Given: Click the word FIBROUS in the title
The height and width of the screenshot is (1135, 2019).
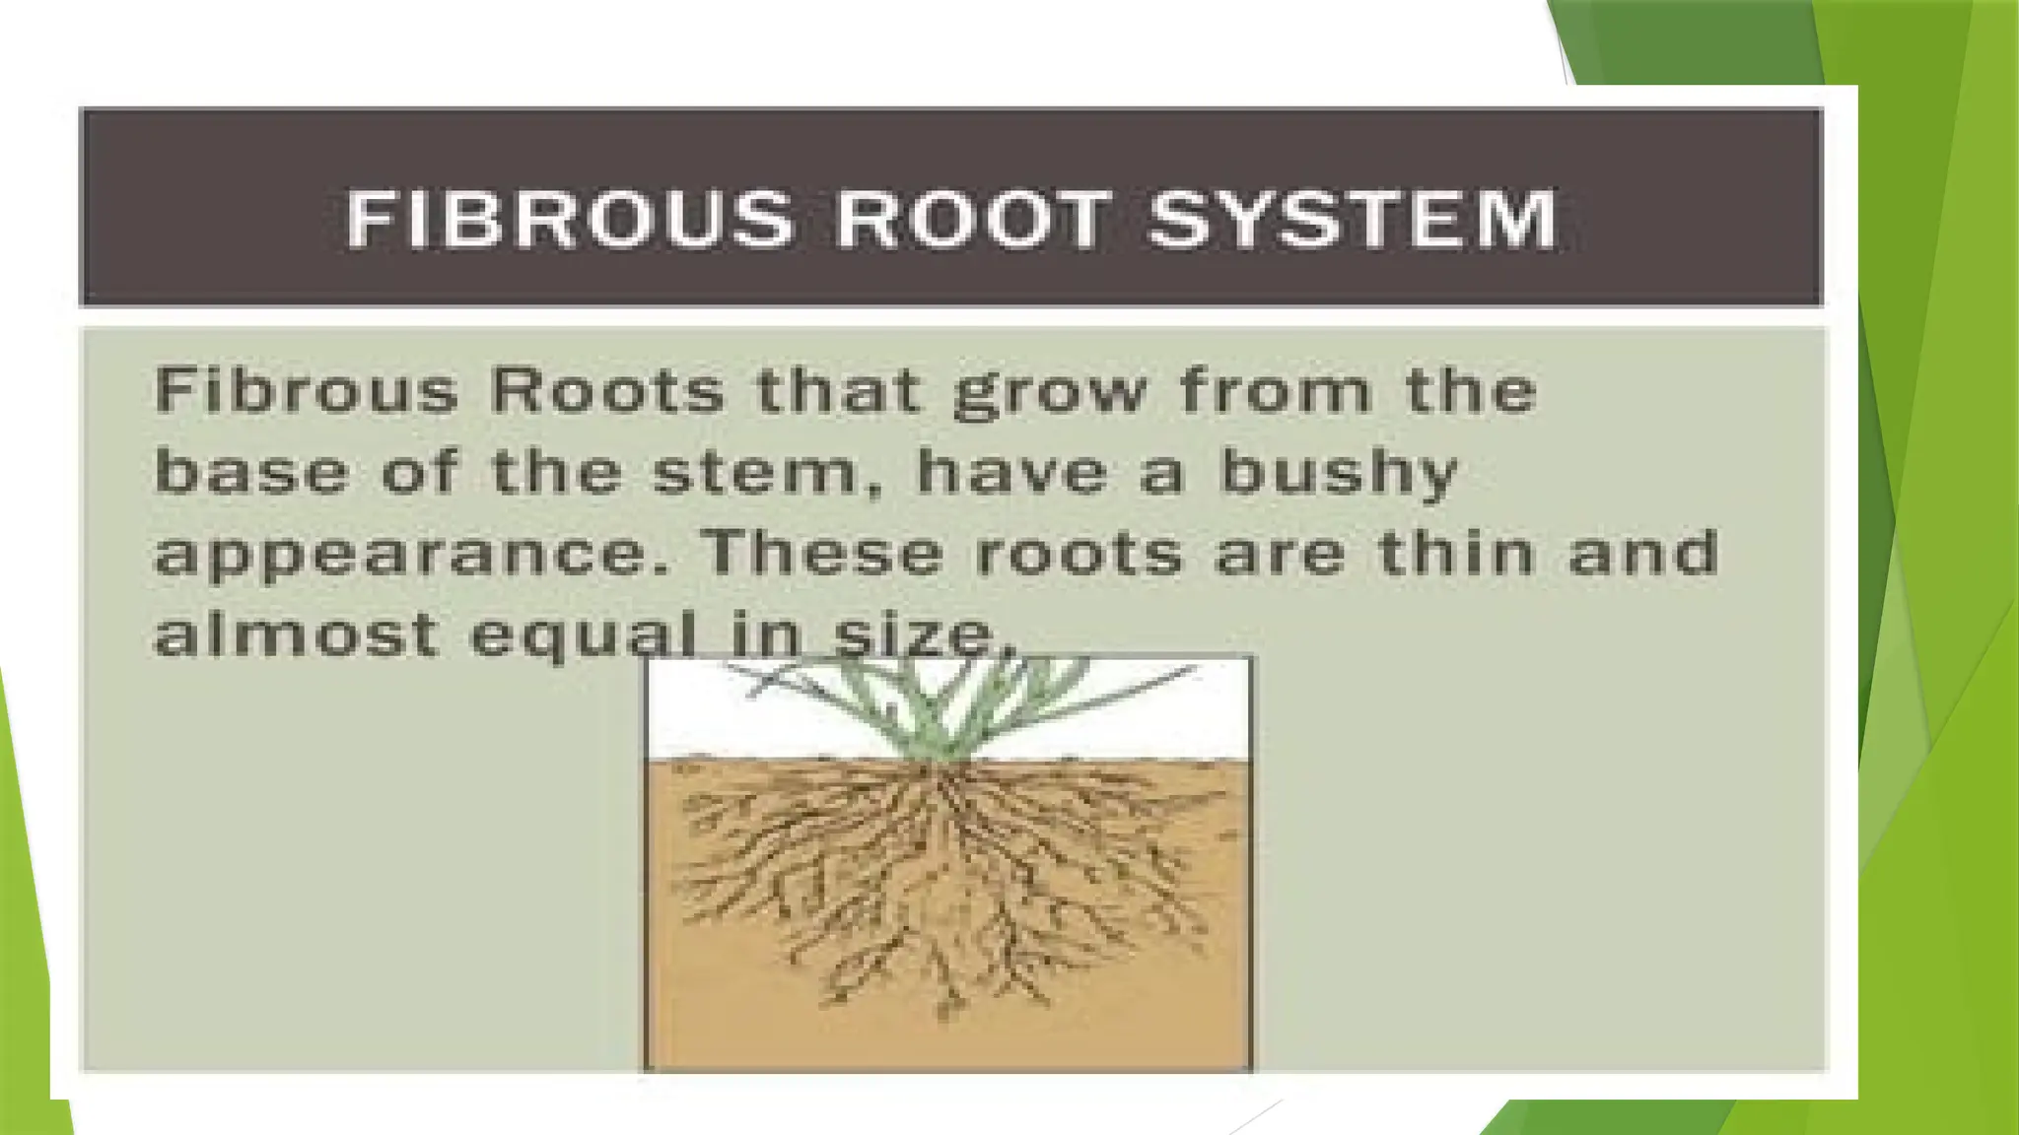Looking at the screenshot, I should [570, 219].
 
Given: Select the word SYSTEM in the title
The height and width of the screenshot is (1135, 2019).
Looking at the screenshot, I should [1353, 219].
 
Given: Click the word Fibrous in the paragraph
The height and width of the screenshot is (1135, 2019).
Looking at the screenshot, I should [307, 390].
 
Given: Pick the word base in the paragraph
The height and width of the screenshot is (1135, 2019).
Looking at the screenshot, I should [252, 472].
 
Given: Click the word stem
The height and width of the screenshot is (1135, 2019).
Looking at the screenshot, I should [762, 472].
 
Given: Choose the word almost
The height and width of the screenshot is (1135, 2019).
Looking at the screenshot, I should [297, 634].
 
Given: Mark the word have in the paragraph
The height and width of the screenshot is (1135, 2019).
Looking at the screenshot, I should [1011, 472].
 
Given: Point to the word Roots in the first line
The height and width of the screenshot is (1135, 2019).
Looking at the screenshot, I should [607, 390].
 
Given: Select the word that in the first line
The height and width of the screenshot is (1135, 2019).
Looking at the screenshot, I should [839, 390].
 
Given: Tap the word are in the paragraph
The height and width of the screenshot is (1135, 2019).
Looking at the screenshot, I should [1280, 554].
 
